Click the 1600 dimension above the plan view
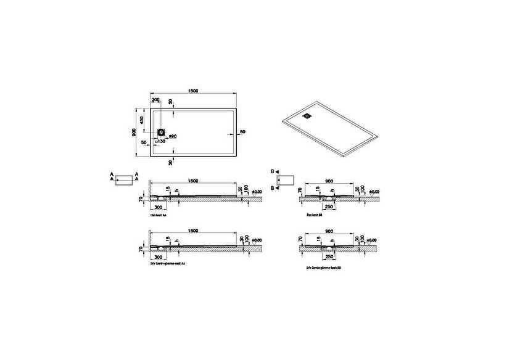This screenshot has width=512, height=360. pos(193,91)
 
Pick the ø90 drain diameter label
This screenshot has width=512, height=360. pos(173,136)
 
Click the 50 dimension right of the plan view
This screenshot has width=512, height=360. pos(242,132)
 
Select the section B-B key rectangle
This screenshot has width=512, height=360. pos(287,179)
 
